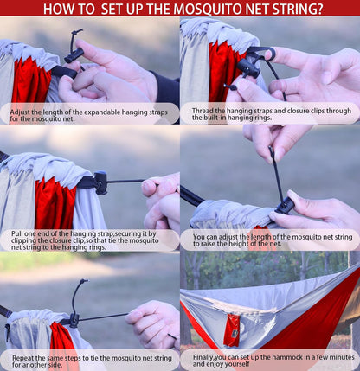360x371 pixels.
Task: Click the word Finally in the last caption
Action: point(208,356)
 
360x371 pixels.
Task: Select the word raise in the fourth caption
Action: point(208,245)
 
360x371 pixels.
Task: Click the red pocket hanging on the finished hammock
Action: point(231,330)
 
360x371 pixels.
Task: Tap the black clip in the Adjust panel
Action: point(73,55)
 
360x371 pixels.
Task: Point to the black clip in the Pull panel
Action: point(100,182)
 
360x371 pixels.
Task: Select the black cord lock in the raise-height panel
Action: point(284,205)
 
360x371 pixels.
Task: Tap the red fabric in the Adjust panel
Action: point(30,82)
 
